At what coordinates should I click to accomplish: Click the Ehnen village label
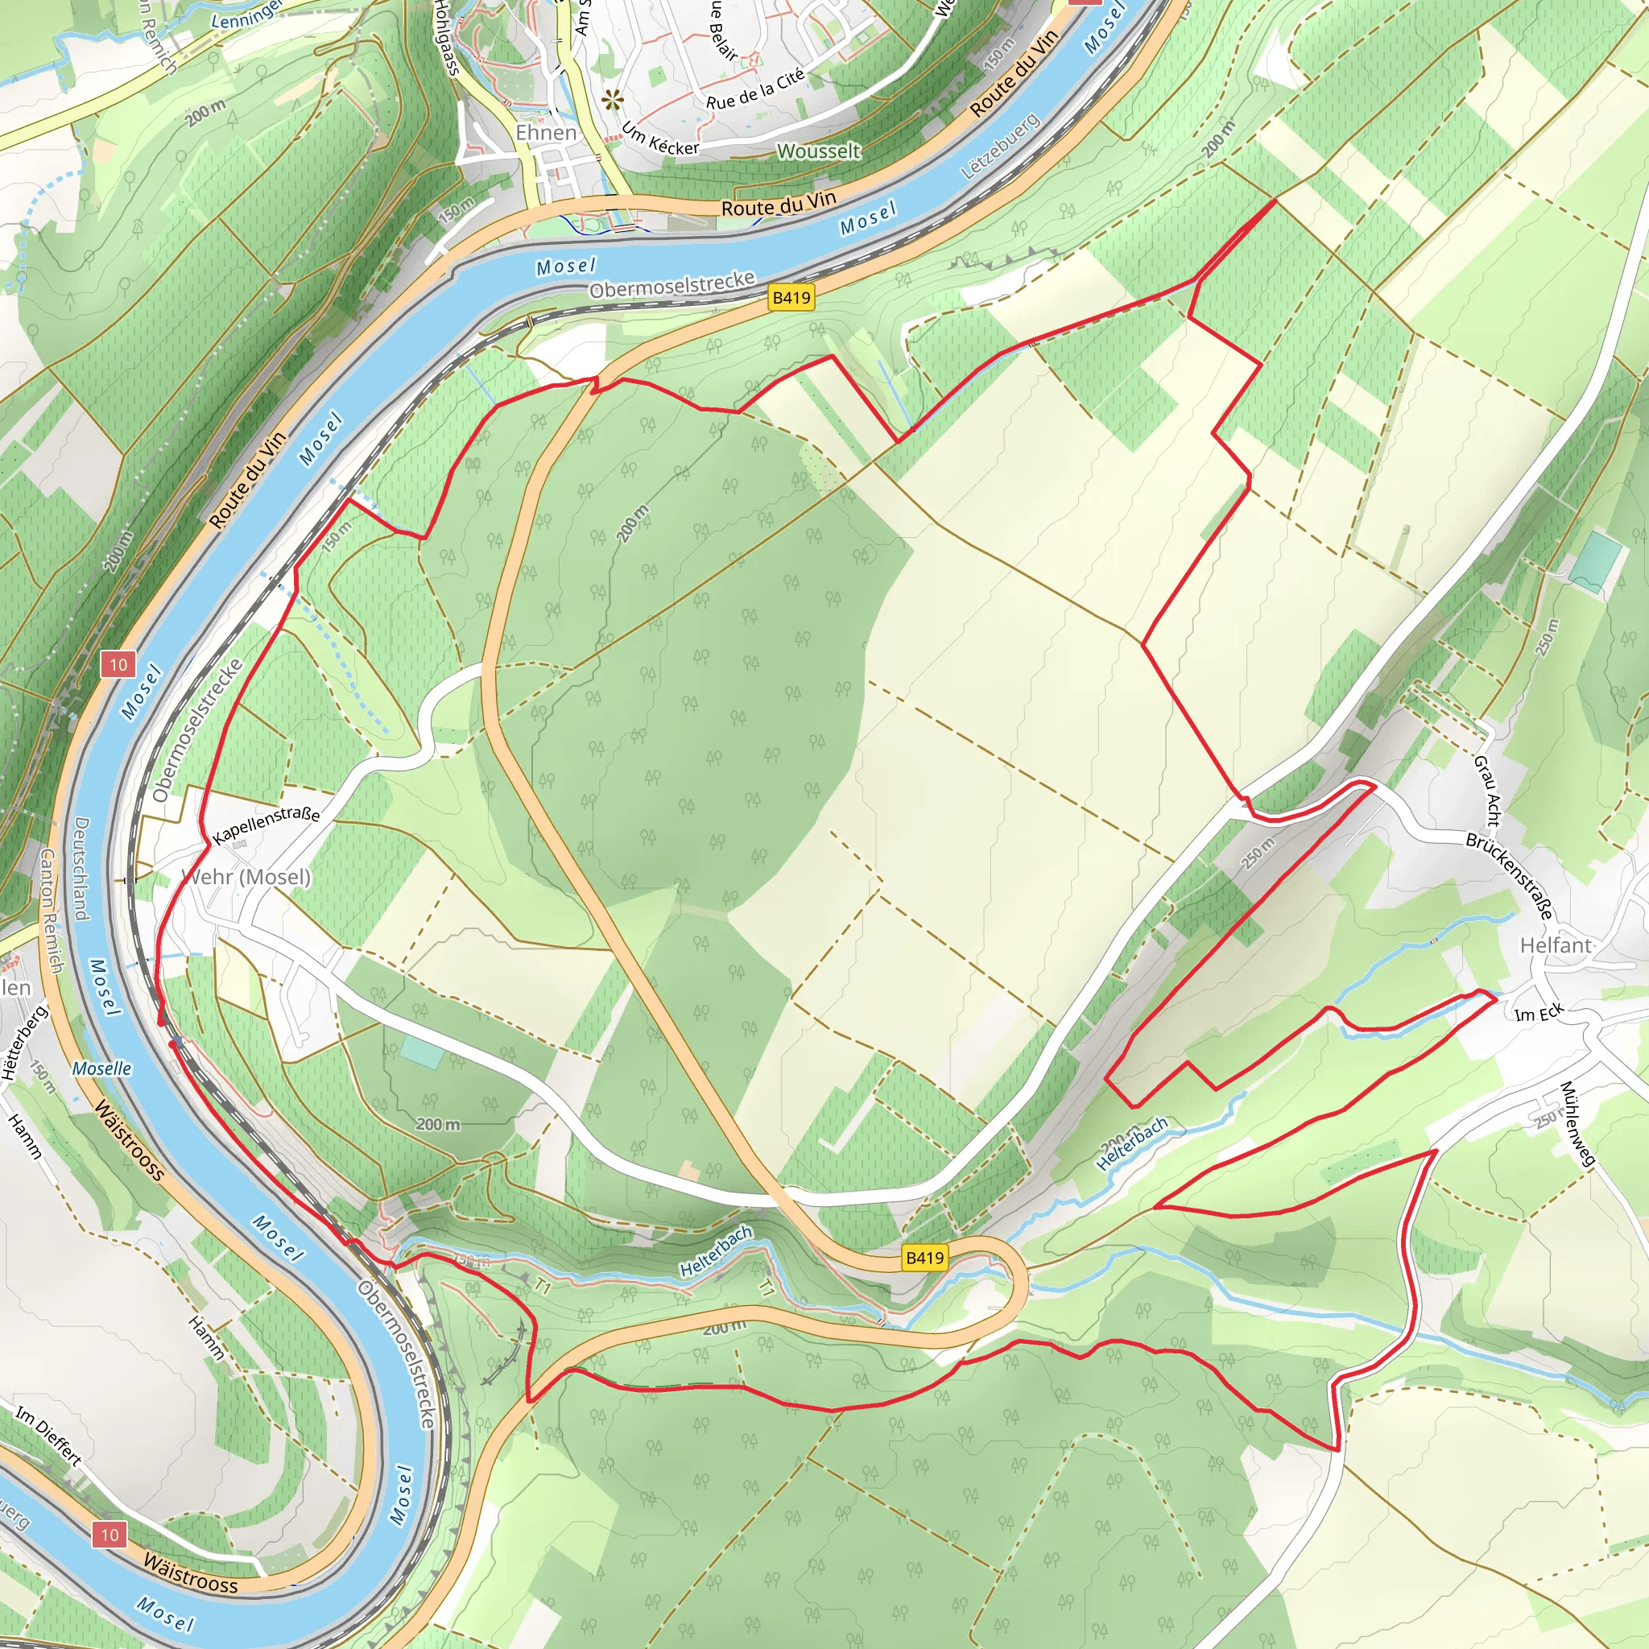tap(545, 133)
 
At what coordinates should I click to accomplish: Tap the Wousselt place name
tap(819, 151)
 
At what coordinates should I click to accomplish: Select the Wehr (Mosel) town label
tap(246, 877)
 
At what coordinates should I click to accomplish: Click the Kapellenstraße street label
tap(267, 825)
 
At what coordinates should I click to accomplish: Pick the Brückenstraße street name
tap(1509, 875)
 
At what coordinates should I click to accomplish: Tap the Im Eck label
tap(1539, 1012)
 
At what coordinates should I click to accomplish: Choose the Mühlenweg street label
tap(1577, 1124)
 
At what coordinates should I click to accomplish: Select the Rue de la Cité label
tap(755, 89)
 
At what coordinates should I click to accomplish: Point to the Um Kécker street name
tap(659, 139)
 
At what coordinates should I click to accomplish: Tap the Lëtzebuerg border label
tap(999, 146)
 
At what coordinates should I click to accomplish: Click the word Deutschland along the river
tap(81, 869)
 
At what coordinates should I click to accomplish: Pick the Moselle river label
tap(101, 1068)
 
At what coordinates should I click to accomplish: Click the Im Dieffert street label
tap(48, 1436)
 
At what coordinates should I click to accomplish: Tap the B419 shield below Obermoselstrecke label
tap(791, 297)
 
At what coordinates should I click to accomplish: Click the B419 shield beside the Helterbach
tap(925, 1257)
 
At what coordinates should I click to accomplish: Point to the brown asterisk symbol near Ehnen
tap(612, 101)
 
